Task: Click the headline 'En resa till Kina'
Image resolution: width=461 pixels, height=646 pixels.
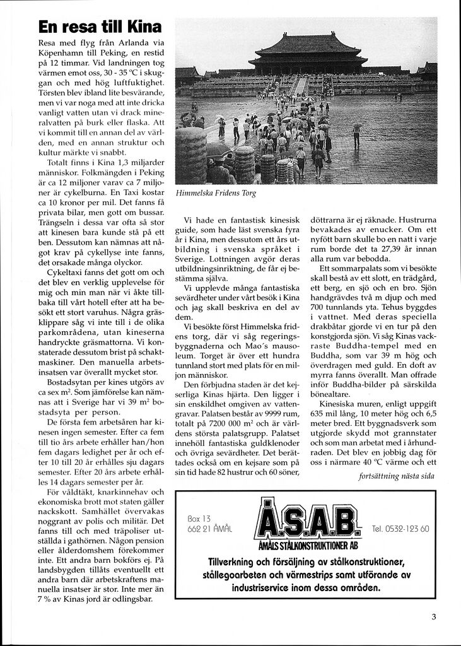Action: coord(100,26)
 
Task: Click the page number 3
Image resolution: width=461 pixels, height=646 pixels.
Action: coord(434,617)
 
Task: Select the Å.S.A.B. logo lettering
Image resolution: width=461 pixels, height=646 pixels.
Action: coord(307,519)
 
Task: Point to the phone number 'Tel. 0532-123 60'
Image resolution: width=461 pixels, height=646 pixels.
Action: coord(400,529)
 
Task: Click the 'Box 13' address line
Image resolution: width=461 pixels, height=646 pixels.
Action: coord(199,519)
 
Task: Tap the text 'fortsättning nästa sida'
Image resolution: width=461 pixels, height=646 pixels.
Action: coord(396,476)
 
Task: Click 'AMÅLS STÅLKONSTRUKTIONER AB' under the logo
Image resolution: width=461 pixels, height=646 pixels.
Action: coord(307,544)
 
